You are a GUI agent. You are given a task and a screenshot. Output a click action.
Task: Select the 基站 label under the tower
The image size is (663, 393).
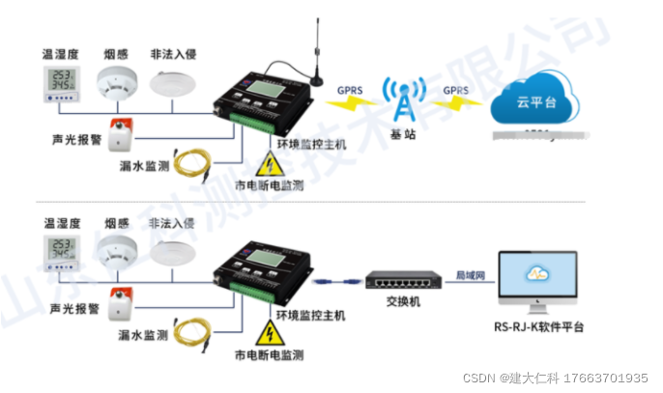pyautogui.click(x=403, y=136)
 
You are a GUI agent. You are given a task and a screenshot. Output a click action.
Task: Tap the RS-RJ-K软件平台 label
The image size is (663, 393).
pyautogui.click(x=536, y=326)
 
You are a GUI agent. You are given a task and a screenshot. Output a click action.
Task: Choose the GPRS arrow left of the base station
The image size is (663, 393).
pyautogui.click(x=350, y=95)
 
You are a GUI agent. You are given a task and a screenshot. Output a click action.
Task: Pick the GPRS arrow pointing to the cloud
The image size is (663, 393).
pyautogui.click(x=455, y=95)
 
